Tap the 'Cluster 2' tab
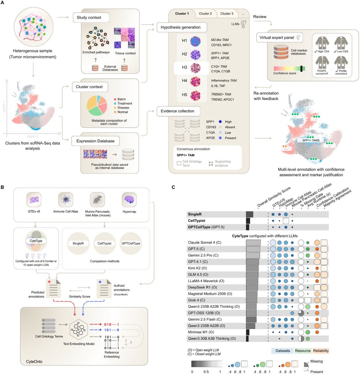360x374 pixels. (205, 13)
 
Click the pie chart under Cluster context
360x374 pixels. (97, 105)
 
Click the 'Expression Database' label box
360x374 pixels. (95, 141)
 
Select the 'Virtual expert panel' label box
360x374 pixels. (279, 37)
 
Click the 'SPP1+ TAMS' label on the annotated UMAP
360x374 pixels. (311, 140)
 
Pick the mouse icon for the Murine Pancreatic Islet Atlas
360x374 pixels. (97, 200)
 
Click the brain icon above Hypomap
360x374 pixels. (129, 200)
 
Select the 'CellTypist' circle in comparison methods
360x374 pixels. (105, 243)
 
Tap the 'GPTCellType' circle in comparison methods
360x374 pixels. (131, 243)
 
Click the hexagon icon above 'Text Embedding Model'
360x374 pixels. (79, 329)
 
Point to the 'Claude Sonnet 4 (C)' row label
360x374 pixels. (205, 243)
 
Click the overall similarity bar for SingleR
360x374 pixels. (250, 214)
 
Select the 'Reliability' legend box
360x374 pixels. (321, 351)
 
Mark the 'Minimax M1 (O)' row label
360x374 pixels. (201, 332)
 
